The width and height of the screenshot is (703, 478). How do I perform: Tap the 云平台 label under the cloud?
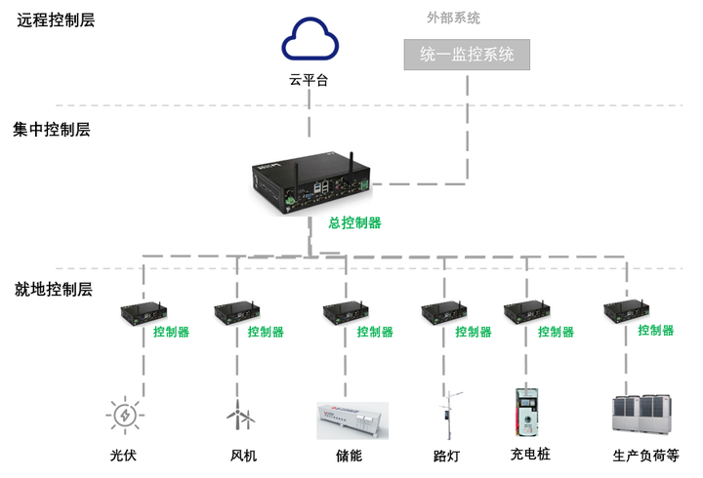coord(309,80)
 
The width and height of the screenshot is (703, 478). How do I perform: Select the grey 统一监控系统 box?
coord(467,55)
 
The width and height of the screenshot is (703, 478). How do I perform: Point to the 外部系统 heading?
coord(453,18)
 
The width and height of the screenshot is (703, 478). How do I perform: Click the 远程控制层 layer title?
coord(56,20)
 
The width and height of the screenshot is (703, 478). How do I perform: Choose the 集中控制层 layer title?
coord(52,130)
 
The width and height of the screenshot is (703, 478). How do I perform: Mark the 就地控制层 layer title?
coord(54,289)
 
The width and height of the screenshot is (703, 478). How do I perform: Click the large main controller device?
coord(311,183)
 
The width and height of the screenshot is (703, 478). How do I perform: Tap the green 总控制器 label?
coord(354,222)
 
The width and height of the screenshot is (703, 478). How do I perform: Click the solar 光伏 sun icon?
coord(125,415)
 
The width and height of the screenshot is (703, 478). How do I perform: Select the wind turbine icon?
coord(240,415)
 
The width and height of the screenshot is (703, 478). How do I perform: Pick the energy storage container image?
coord(352,420)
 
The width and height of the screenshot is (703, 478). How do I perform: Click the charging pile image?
coord(526,412)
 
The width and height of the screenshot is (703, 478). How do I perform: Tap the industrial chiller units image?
coord(642,414)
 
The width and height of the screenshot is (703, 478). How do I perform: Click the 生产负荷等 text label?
coord(645,456)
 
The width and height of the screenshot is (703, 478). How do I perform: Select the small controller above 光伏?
coord(144,313)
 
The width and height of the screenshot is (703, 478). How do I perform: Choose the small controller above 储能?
coord(346,313)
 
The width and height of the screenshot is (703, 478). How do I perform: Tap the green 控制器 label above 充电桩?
coord(556,332)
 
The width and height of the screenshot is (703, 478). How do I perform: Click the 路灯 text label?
coord(446,456)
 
